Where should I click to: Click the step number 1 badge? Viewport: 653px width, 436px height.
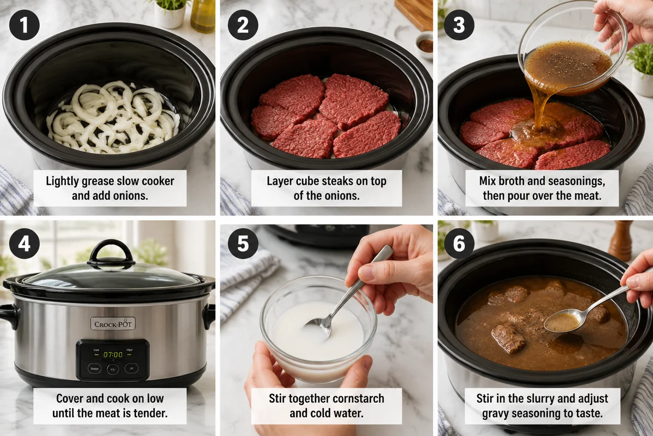click(24, 25)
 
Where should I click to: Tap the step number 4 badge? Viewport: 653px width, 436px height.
click(24, 243)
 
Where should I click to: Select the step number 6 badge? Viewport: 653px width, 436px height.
click(459, 243)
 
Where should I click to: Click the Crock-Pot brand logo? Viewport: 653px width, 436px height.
click(113, 324)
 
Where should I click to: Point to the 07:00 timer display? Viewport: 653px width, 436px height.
click(113, 354)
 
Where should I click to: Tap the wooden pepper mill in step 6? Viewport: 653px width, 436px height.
click(620, 240)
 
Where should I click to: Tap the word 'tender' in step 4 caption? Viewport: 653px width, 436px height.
click(149, 413)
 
